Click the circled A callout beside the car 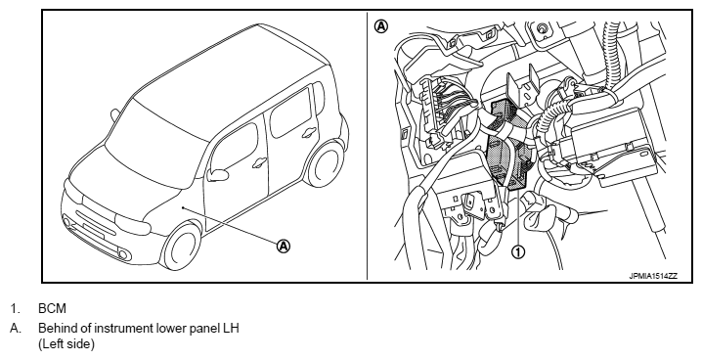click(x=284, y=246)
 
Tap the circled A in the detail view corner click(x=381, y=26)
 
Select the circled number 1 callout click(x=518, y=252)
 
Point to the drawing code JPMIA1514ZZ click(x=653, y=276)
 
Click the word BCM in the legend click(x=52, y=308)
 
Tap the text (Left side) click(x=66, y=344)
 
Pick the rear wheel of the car click(x=326, y=164)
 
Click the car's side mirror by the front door click(x=218, y=175)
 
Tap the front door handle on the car click(x=259, y=163)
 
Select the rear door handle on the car click(x=308, y=132)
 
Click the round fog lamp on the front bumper click(x=123, y=255)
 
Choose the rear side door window click(x=291, y=112)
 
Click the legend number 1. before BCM click(x=15, y=308)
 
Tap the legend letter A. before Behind click(x=16, y=329)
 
